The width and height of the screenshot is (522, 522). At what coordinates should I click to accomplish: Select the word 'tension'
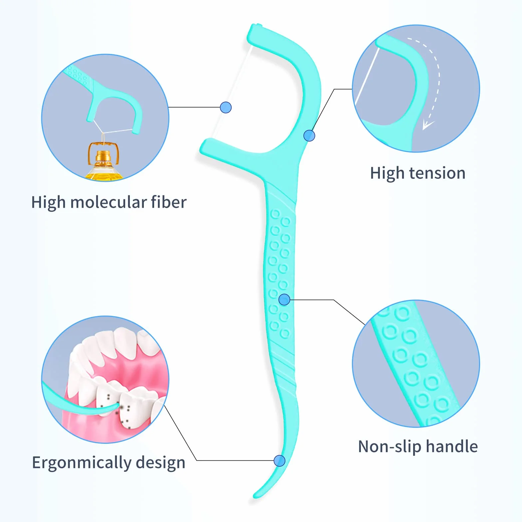tap(437, 173)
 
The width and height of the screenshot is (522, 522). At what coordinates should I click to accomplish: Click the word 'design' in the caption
tap(160, 463)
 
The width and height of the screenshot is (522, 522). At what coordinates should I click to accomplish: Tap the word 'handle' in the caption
tap(452, 446)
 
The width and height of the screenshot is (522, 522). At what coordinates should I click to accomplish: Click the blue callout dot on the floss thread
tap(226, 108)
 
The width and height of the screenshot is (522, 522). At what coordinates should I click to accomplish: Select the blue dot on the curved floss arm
tap(309, 135)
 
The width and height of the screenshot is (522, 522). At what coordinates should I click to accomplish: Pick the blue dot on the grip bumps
tap(284, 300)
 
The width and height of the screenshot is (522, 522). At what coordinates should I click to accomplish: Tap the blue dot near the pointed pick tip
tap(279, 461)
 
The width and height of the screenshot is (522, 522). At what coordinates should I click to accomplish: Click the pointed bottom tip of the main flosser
tap(255, 496)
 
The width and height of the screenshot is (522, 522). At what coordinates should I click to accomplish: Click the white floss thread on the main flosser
tap(232, 92)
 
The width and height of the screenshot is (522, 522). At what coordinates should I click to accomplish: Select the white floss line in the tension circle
tap(367, 76)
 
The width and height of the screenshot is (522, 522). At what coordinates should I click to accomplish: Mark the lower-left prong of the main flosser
tap(213, 149)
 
